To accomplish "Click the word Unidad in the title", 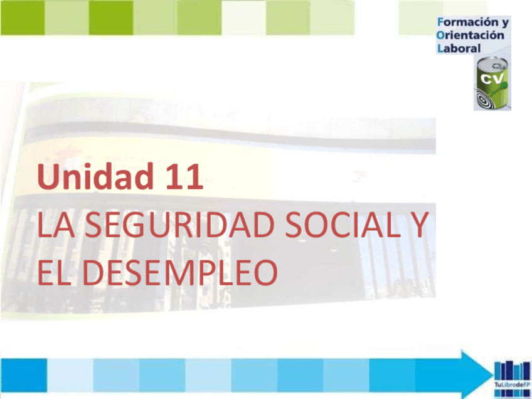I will click(x=82, y=178).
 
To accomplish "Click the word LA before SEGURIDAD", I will click(x=55, y=226).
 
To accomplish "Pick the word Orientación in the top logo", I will click(x=471, y=35).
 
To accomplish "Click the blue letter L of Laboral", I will click(x=440, y=48).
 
